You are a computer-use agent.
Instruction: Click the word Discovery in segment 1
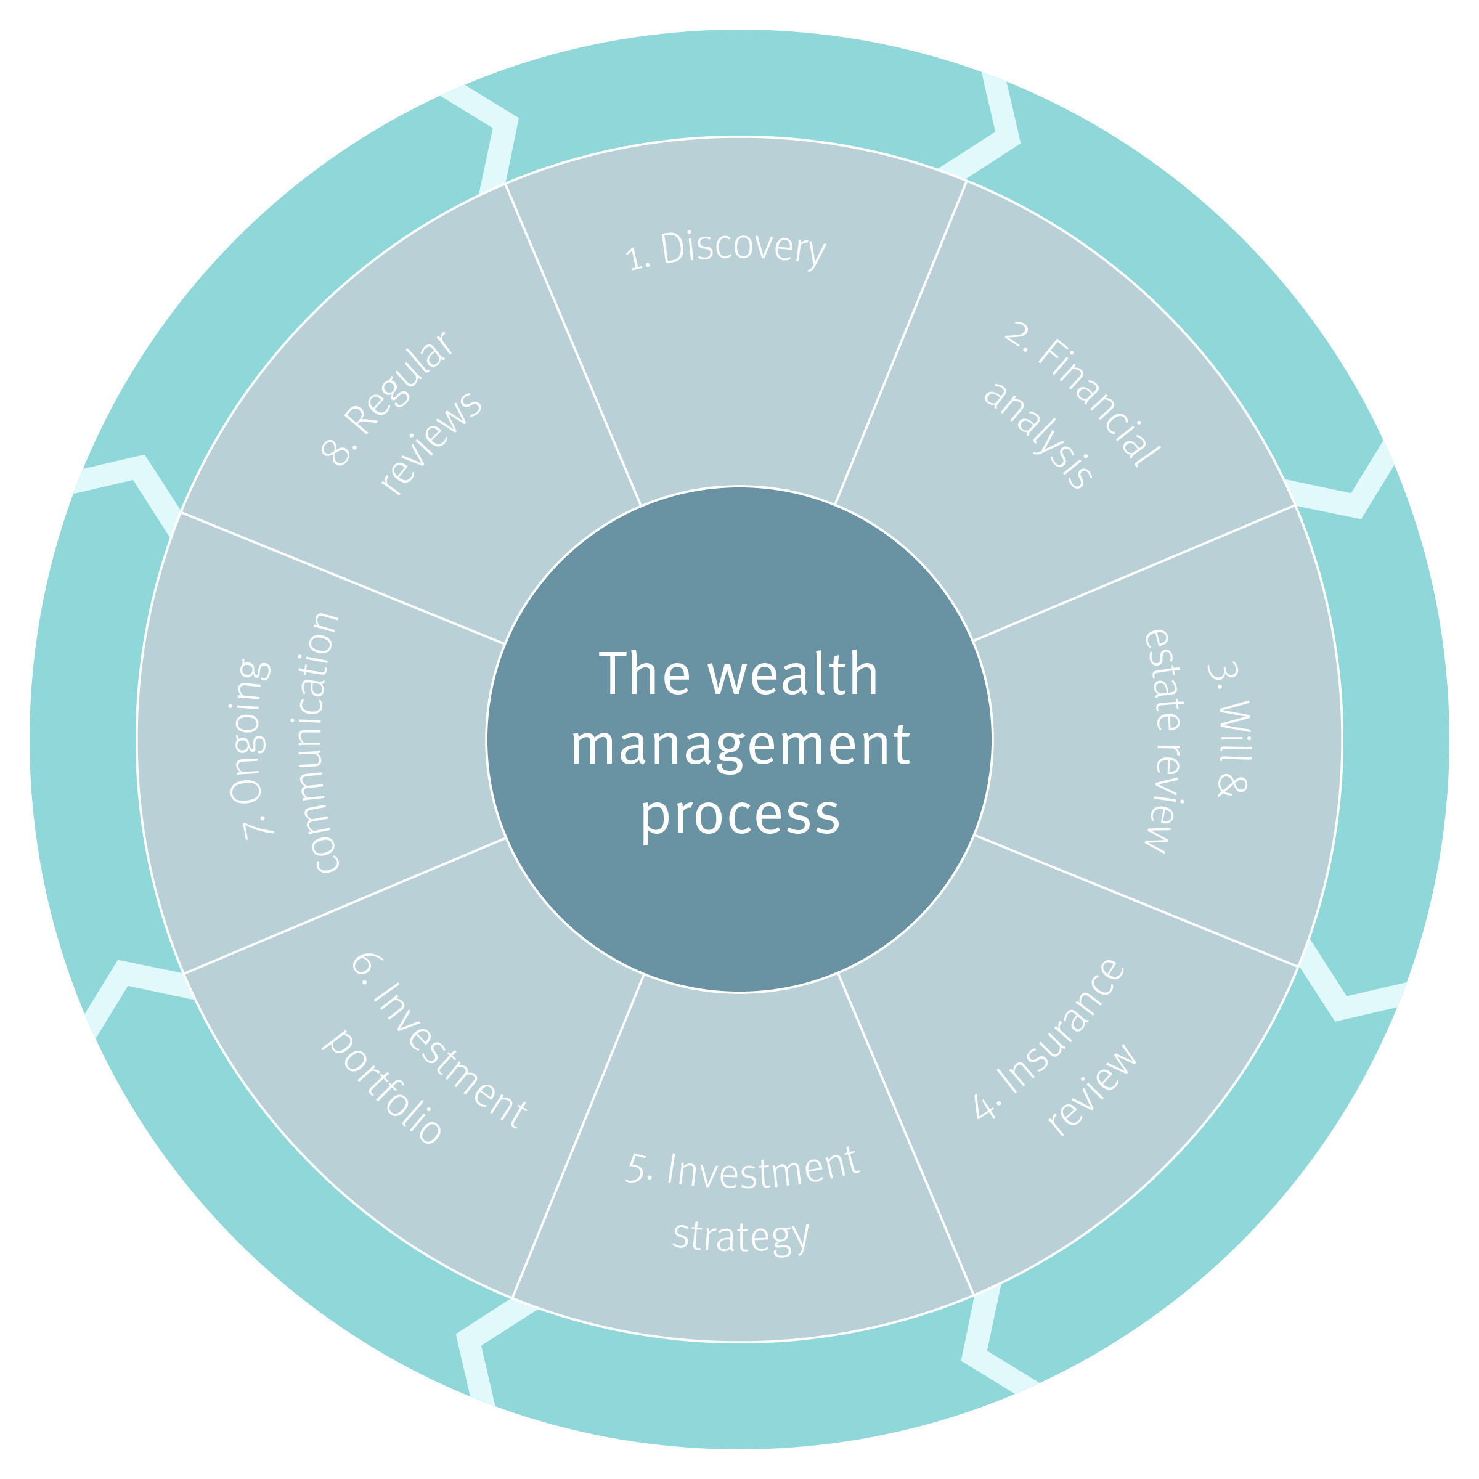pyautogui.click(x=743, y=249)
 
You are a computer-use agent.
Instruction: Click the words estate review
pyautogui.click(x=1164, y=740)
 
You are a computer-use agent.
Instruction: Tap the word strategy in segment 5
pyautogui.click(x=740, y=1236)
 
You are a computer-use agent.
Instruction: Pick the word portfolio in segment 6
pyautogui.click(x=383, y=1087)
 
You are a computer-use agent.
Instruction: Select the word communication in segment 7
pyautogui.click(x=315, y=742)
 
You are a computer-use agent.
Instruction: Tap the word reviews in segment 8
pyautogui.click(x=432, y=443)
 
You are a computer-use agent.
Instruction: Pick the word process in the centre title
pyautogui.click(x=740, y=815)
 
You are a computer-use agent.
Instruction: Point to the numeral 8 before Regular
pyautogui.click(x=335, y=452)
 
